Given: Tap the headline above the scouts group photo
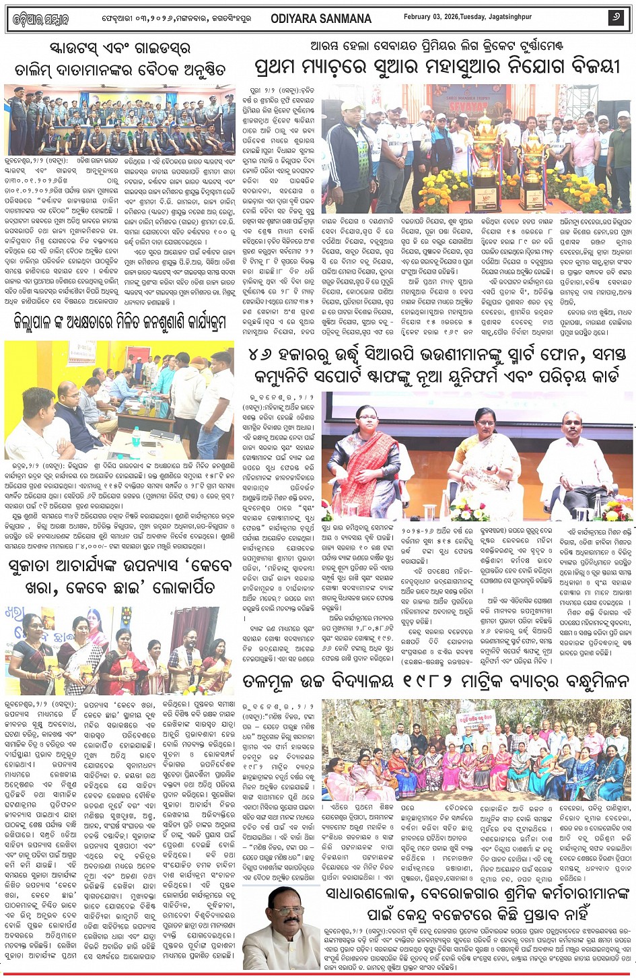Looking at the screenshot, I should click(120, 59).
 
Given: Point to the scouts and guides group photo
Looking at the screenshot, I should click(119, 121).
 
